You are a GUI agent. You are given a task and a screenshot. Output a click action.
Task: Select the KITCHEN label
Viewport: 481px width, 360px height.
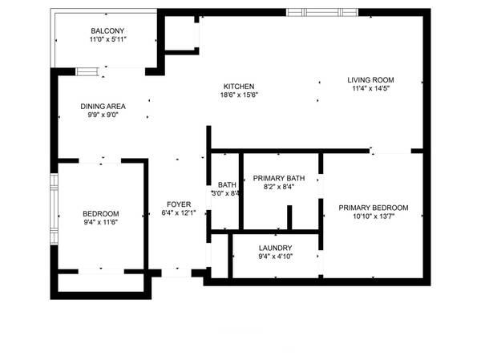(238, 86)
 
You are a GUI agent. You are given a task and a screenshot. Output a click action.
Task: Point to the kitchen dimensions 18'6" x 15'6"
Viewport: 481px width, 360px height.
(238, 95)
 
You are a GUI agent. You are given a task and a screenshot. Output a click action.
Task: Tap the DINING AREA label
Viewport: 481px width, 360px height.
(102, 106)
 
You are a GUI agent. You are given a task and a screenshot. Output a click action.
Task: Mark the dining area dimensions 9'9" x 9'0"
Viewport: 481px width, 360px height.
(102, 115)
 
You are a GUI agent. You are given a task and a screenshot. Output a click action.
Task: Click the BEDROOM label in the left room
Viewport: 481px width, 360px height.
(100, 213)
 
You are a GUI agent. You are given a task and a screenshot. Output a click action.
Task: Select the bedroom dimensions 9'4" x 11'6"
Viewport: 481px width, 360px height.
(100, 222)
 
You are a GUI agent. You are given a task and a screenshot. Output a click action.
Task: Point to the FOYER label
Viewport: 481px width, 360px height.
(179, 204)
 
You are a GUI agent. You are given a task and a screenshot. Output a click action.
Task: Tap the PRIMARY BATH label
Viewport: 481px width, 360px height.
(278, 178)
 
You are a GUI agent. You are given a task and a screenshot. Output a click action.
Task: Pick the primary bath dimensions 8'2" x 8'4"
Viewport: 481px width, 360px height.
(278, 187)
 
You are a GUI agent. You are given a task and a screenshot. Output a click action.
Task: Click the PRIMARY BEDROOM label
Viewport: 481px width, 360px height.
(373, 208)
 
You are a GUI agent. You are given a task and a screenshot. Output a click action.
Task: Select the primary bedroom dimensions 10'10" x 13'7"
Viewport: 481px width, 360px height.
(373, 216)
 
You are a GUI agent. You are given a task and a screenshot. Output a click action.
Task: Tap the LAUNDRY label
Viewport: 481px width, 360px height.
(275, 248)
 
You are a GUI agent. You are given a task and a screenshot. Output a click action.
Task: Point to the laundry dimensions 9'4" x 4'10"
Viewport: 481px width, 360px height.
(275, 257)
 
